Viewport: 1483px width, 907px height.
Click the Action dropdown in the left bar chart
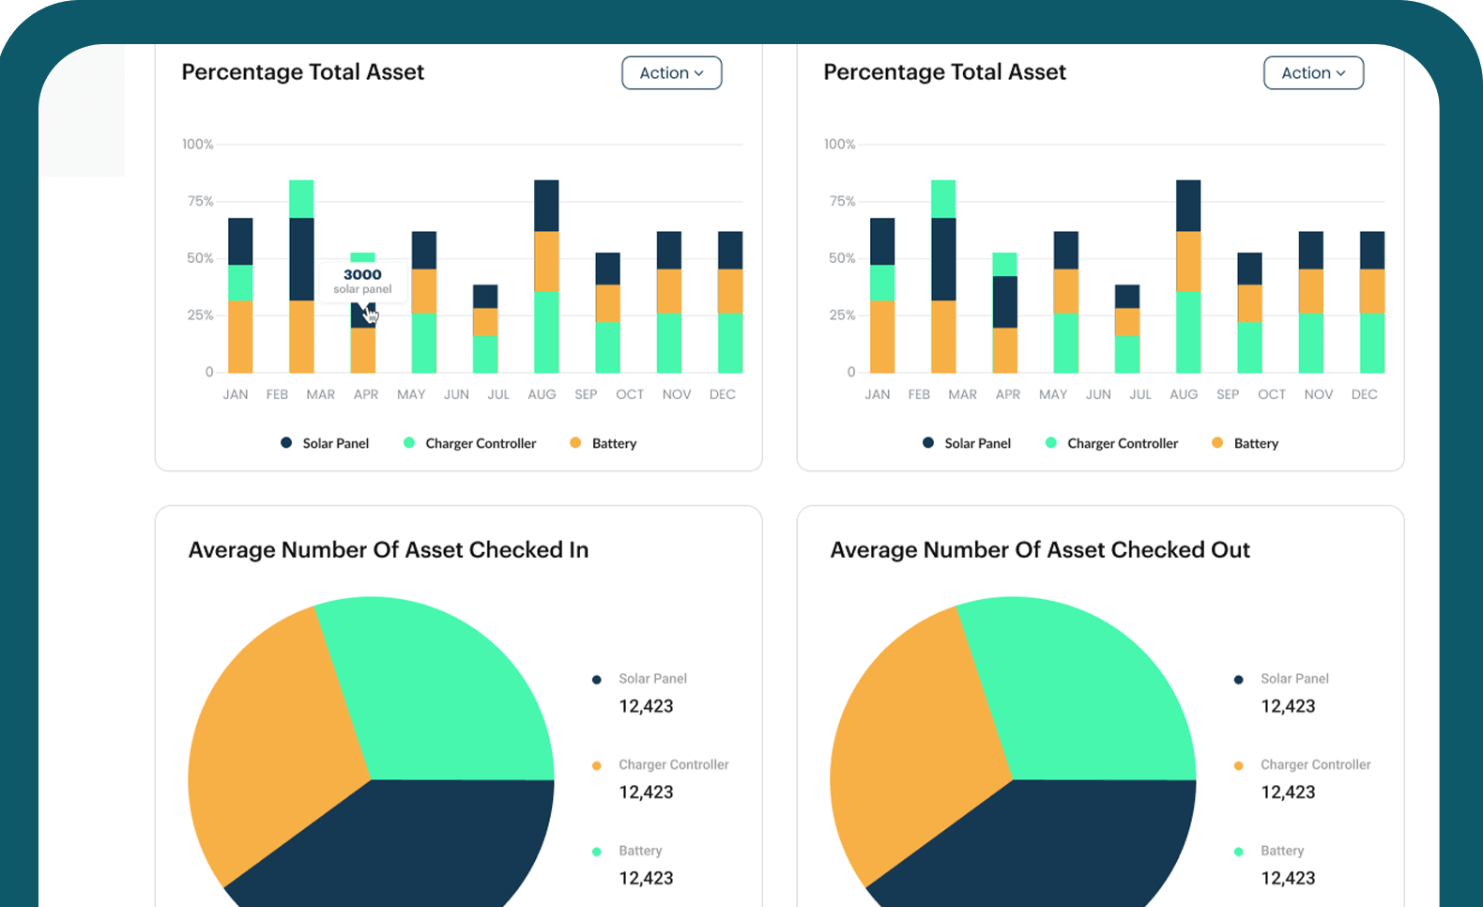[671, 73]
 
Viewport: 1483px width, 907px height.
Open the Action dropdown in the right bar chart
[1313, 73]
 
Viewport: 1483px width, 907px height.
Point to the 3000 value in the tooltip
[362, 274]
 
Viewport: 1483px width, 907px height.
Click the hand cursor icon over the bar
[371, 315]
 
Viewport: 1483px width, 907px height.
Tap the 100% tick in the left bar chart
[198, 145]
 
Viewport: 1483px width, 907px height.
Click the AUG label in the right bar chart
[1184, 394]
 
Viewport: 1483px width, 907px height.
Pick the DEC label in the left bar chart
[722, 394]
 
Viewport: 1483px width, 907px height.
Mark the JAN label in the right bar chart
[878, 394]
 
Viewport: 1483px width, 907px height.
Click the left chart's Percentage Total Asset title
[302, 72]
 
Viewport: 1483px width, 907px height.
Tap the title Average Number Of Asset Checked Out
[1040, 550]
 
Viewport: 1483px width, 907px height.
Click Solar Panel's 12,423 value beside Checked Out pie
[1288, 706]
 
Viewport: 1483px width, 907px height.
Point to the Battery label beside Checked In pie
[640, 851]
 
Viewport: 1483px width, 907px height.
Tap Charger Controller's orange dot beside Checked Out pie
[1239, 766]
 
